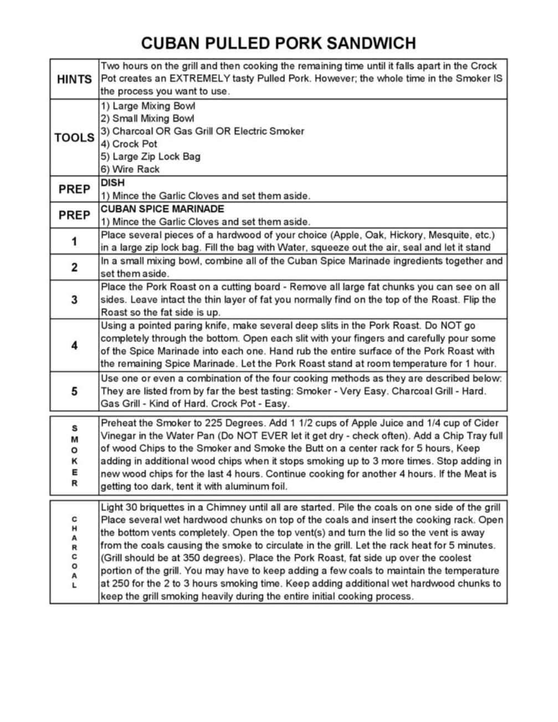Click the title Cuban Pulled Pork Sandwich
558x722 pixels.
pyautogui.click(x=278, y=43)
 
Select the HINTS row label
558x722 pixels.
pyautogui.click(x=74, y=79)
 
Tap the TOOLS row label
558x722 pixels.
pyautogui.click(x=74, y=138)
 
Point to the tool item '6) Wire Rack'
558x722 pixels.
pyautogui.click(x=130, y=169)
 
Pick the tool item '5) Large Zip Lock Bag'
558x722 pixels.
pyautogui.click(x=151, y=157)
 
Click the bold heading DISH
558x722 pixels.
pyautogui.click(x=112, y=183)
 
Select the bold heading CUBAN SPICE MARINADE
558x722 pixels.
pyautogui.click(x=162, y=209)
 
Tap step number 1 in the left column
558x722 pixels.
pyautogui.click(x=74, y=241)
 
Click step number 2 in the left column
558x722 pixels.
pyautogui.click(x=74, y=267)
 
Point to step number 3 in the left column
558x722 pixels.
pyautogui.click(x=74, y=300)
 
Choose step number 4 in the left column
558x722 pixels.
pyautogui.click(x=74, y=345)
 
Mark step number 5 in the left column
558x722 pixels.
pyautogui.click(x=74, y=391)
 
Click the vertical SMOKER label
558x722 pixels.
pyautogui.click(x=75, y=455)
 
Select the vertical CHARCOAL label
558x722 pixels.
pyautogui.click(x=75, y=552)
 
